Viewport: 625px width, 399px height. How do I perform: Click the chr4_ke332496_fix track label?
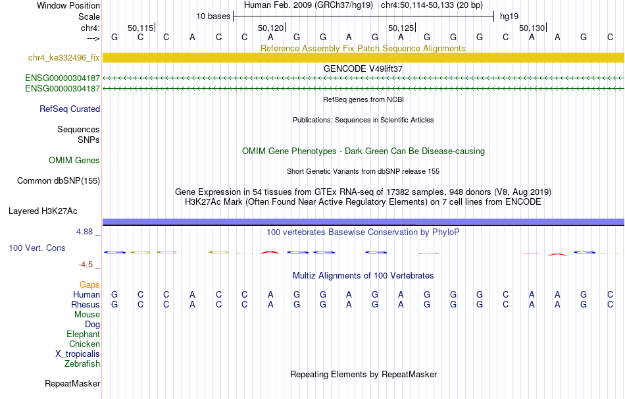64,58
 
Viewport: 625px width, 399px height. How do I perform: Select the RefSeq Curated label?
70,109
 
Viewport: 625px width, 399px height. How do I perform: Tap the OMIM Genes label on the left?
74,161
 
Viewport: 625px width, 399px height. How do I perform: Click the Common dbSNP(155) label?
59,181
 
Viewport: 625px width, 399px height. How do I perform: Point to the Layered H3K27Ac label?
43,211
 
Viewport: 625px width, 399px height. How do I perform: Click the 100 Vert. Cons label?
37,248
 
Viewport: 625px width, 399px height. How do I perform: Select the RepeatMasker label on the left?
72,383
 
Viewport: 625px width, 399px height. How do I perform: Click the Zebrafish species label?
82,364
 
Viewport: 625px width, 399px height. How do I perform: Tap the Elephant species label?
84,334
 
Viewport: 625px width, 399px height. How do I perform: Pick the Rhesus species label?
86,304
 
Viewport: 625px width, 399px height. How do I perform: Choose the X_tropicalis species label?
78,354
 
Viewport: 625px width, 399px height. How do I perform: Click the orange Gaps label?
89,284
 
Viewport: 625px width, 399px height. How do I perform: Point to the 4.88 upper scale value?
84,232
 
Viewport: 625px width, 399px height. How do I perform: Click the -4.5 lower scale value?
86,265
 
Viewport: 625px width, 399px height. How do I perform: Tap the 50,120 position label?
270,28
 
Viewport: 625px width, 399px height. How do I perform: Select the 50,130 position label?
532,28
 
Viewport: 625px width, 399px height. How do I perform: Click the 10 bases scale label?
213,16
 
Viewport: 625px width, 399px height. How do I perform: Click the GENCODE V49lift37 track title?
363,68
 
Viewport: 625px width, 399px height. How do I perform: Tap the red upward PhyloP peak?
270,252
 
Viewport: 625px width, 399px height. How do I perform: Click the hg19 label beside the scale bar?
509,16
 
